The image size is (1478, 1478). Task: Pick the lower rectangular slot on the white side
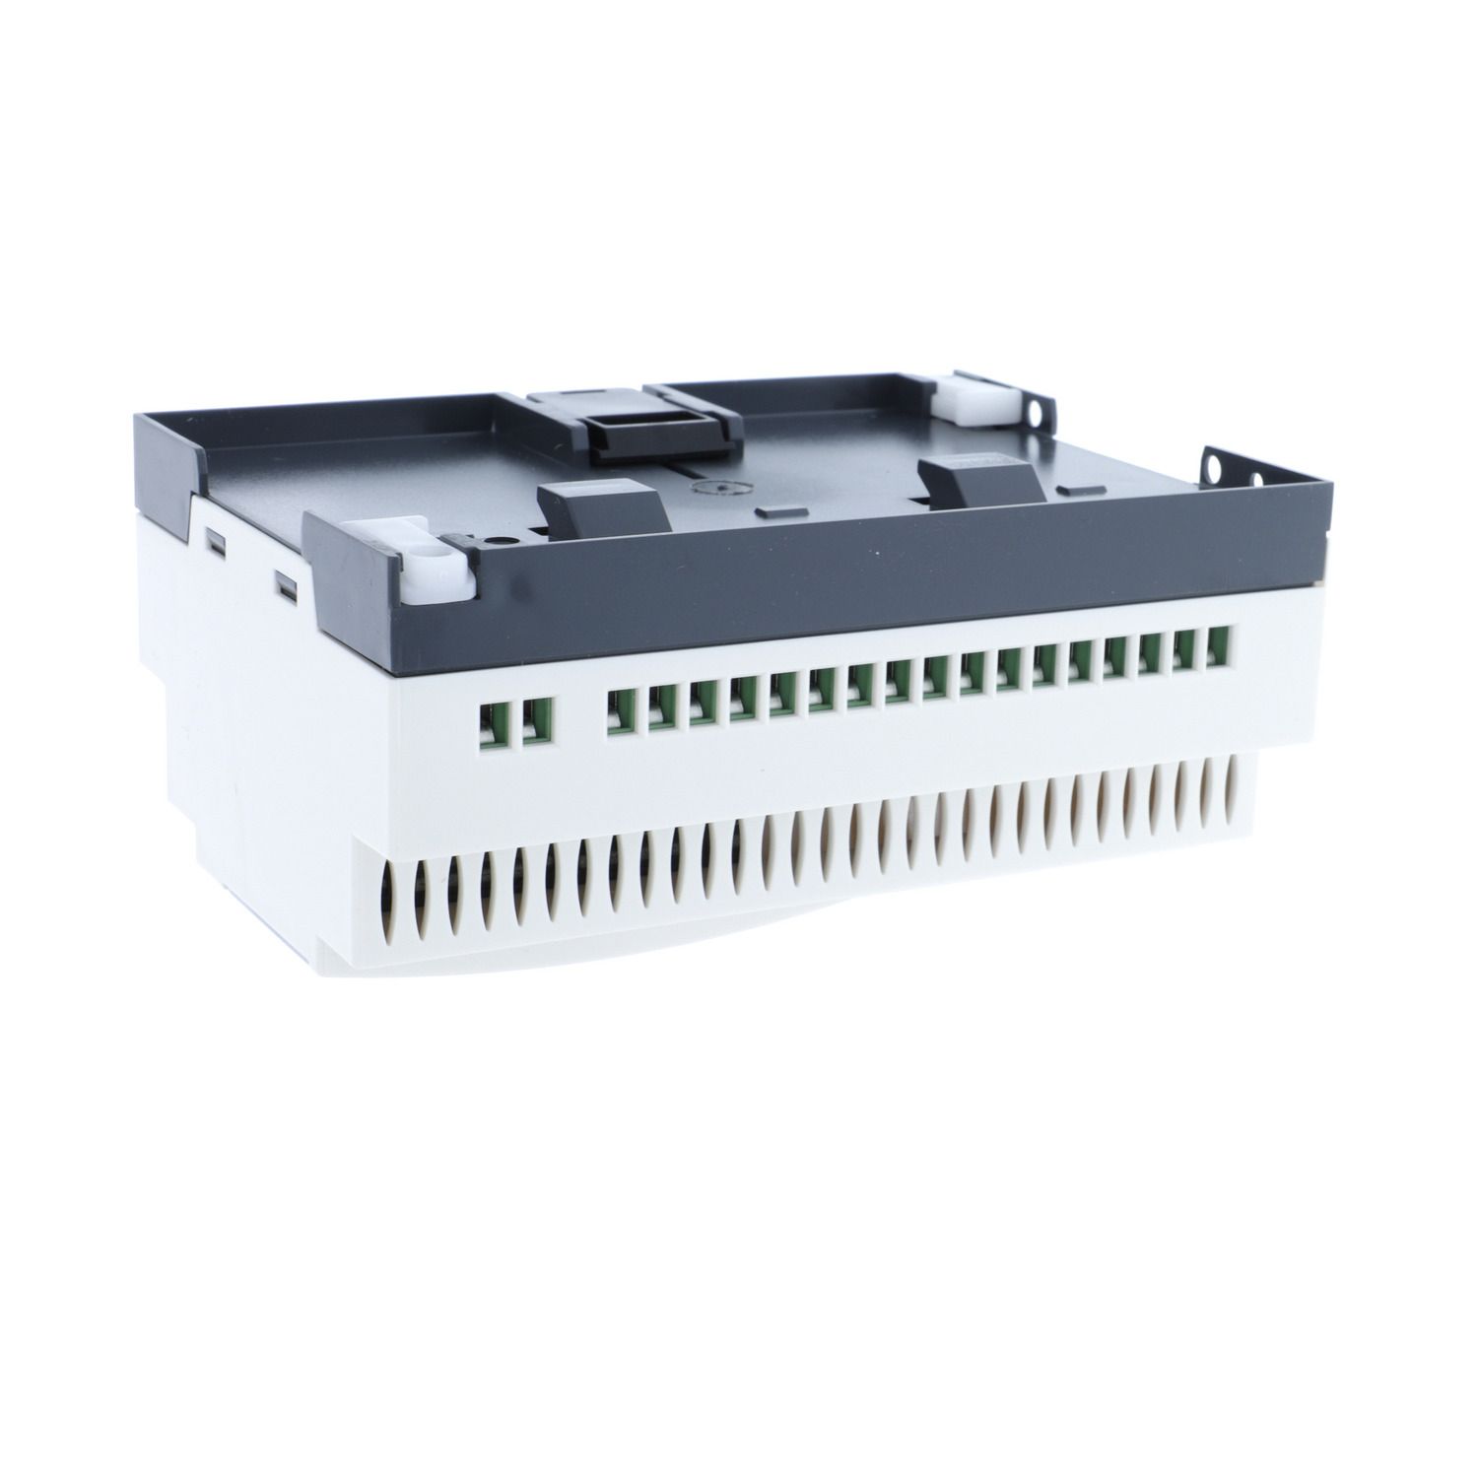pyautogui.click(x=285, y=588)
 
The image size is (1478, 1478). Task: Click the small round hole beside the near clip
pyautogui.click(x=504, y=540)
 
